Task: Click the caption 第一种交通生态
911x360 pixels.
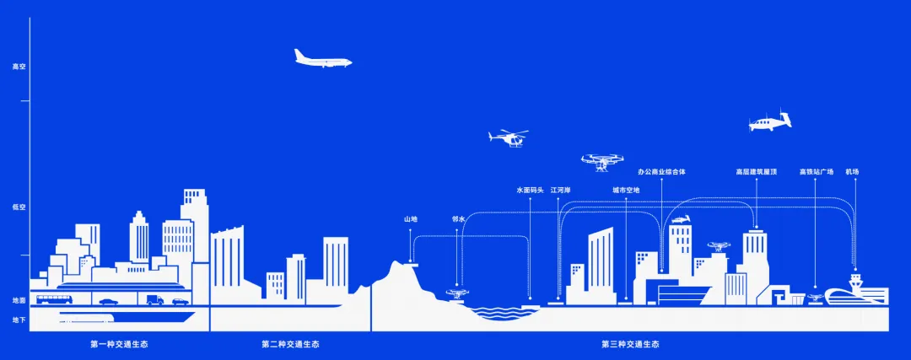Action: pos(119,344)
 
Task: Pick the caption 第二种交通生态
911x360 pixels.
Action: pos(290,344)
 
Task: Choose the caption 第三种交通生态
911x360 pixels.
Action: pos(629,344)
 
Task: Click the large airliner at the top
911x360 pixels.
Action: pos(322,58)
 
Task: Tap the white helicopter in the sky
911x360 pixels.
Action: pos(509,137)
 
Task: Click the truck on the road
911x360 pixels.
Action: pos(154,299)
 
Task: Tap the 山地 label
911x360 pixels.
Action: pos(411,219)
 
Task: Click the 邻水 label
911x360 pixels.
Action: pos(459,219)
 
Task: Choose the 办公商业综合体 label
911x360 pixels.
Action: pos(662,172)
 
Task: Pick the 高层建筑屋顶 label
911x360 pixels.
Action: pos(756,172)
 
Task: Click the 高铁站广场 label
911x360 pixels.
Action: pos(816,172)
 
